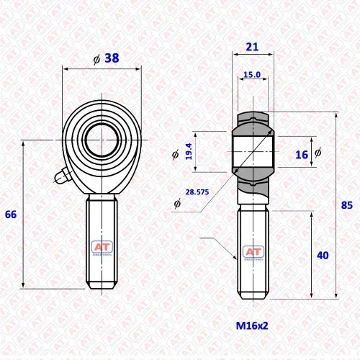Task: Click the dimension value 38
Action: (x=112, y=58)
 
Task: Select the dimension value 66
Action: (x=11, y=215)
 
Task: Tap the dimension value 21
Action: (x=252, y=47)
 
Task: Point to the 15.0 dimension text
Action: (x=252, y=75)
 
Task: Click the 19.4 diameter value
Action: (x=189, y=151)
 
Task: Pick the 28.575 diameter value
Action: (x=197, y=192)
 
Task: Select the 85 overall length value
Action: (x=347, y=205)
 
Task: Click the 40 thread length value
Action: (x=323, y=256)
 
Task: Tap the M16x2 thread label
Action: (x=252, y=325)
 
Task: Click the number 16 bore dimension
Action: (x=302, y=155)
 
